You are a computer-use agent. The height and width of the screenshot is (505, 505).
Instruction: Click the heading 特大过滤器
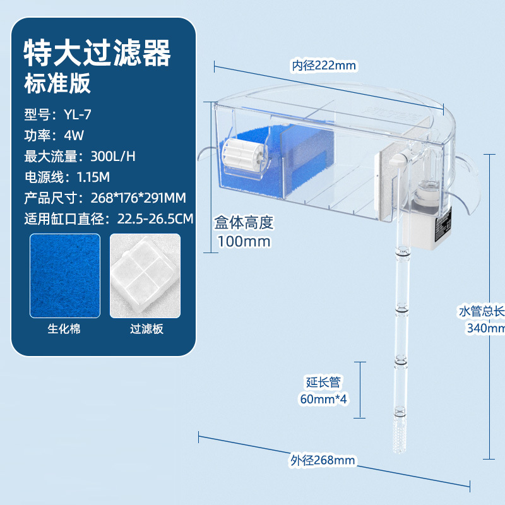coord(97,54)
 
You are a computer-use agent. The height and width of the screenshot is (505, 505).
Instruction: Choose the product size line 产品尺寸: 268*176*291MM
coord(105,198)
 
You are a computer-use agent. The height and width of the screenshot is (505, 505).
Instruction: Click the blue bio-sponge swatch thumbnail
coord(65,276)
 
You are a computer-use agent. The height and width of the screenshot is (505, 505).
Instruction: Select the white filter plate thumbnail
coord(145,276)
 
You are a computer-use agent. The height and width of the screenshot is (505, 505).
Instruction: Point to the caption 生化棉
coord(64,329)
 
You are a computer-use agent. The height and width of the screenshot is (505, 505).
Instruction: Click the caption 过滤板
coord(146,329)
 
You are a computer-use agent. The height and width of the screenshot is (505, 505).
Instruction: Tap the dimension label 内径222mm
coord(324,65)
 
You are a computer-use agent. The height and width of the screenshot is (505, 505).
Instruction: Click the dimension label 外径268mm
coord(323,460)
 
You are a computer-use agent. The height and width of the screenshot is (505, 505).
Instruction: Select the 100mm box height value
coord(244,241)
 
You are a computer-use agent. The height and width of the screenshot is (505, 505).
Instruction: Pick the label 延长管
coord(323,382)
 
